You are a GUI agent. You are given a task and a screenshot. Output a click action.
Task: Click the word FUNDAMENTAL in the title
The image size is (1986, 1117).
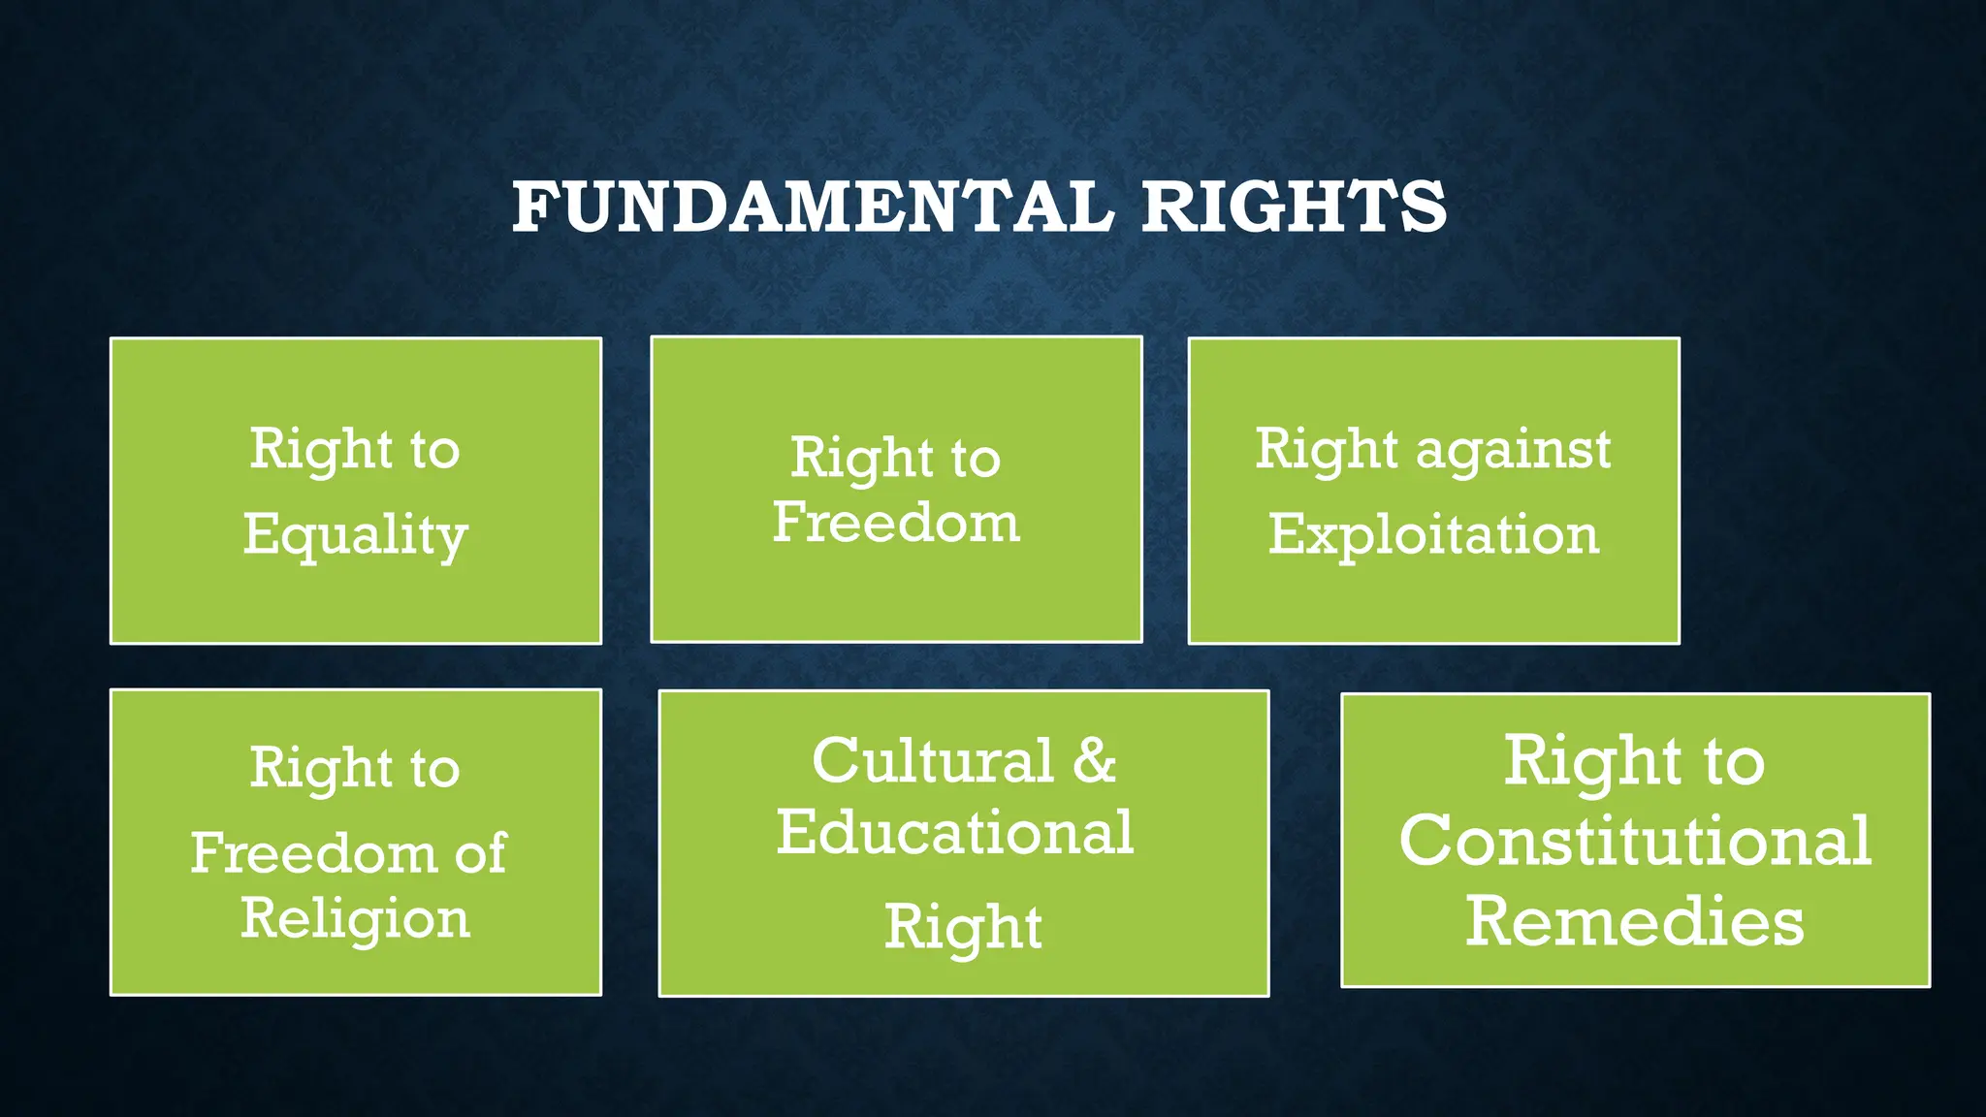point(813,207)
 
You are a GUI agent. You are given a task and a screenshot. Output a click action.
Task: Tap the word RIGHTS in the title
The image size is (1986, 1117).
point(1294,207)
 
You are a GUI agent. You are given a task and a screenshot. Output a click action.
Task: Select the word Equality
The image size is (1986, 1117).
point(355,535)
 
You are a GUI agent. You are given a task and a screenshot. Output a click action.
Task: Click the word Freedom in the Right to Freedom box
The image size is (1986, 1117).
point(896,523)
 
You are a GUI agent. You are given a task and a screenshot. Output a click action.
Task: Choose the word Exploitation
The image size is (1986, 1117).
point(1433,534)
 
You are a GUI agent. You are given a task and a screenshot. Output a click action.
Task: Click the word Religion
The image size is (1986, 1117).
point(355,918)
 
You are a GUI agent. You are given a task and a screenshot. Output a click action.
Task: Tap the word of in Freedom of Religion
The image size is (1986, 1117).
point(480,852)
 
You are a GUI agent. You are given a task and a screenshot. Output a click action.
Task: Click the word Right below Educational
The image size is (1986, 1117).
point(963,927)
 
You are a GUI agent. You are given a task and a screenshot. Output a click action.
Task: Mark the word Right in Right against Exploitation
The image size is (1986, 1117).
point(1326,450)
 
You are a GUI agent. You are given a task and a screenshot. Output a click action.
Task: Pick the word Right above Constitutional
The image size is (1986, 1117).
point(1591,761)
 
